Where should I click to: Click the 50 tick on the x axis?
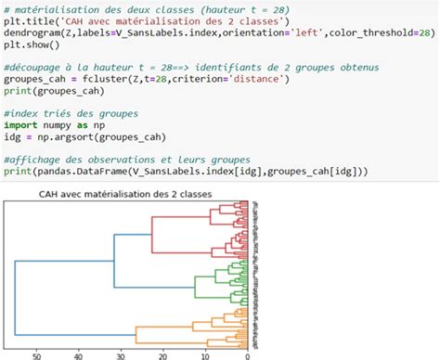tap(38, 354)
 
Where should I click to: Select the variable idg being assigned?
tap(12, 136)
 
